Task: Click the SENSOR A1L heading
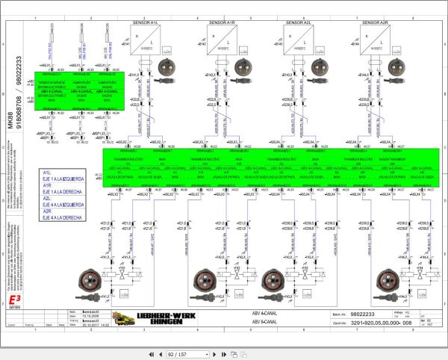[x=144, y=23]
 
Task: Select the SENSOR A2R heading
[x=376, y=23]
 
